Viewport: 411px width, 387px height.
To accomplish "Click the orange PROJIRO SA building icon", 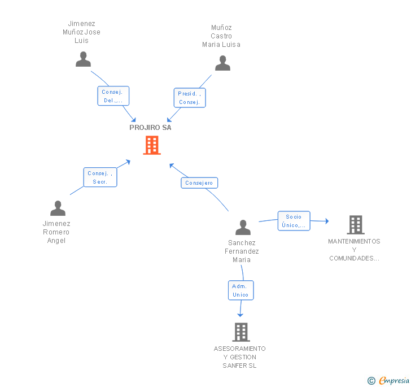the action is (152, 145).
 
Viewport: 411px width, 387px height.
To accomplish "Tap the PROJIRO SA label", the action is (150, 128).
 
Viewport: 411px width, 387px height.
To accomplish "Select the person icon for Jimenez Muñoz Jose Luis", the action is (84, 59).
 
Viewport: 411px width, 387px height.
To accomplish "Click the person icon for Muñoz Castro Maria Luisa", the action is (222, 63).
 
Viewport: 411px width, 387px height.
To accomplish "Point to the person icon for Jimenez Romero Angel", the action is (58, 208).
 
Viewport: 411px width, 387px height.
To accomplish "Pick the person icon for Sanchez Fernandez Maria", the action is (243, 227).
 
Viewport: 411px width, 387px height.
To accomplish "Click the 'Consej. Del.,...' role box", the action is (113, 96).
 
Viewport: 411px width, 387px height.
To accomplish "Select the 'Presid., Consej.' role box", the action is (190, 98).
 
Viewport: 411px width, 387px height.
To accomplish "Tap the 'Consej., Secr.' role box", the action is (100, 177).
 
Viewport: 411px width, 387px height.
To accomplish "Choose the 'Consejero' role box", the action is (199, 183).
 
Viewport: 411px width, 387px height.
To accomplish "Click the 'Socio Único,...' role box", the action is (294, 221).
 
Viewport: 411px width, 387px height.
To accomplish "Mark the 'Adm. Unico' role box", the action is (241, 290).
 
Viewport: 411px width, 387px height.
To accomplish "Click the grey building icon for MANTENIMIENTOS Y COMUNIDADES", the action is (356, 225).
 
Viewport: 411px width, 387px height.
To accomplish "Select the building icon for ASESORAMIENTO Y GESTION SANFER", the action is (241, 332).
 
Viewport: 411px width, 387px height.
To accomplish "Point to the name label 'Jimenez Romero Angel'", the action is (56, 232).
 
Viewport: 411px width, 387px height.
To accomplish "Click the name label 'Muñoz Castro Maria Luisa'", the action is (221, 36).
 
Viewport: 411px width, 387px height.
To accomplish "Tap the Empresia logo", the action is (388, 380).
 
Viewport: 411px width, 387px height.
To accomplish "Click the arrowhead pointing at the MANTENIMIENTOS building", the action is (327, 221).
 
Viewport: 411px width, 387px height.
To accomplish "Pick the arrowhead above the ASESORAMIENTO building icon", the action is (240, 315).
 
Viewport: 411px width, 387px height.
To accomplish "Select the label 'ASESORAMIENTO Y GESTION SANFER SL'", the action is (239, 357).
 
